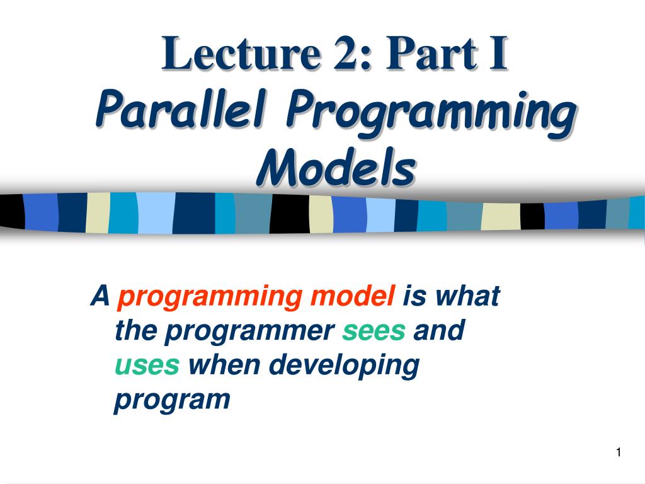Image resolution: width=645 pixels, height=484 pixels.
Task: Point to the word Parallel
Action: click(x=181, y=108)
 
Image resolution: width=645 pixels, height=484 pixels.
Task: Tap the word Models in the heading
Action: click(x=336, y=166)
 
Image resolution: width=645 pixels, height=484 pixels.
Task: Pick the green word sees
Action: click(x=374, y=331)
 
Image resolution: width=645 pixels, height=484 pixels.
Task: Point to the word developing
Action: click(x=345, y=366)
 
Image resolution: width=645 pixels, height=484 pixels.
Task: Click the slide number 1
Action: click(x=619, y=452)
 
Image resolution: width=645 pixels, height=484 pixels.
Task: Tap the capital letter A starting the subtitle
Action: click(x=100, y=296)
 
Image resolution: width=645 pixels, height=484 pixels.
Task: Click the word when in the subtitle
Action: click(x=224, y=365)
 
